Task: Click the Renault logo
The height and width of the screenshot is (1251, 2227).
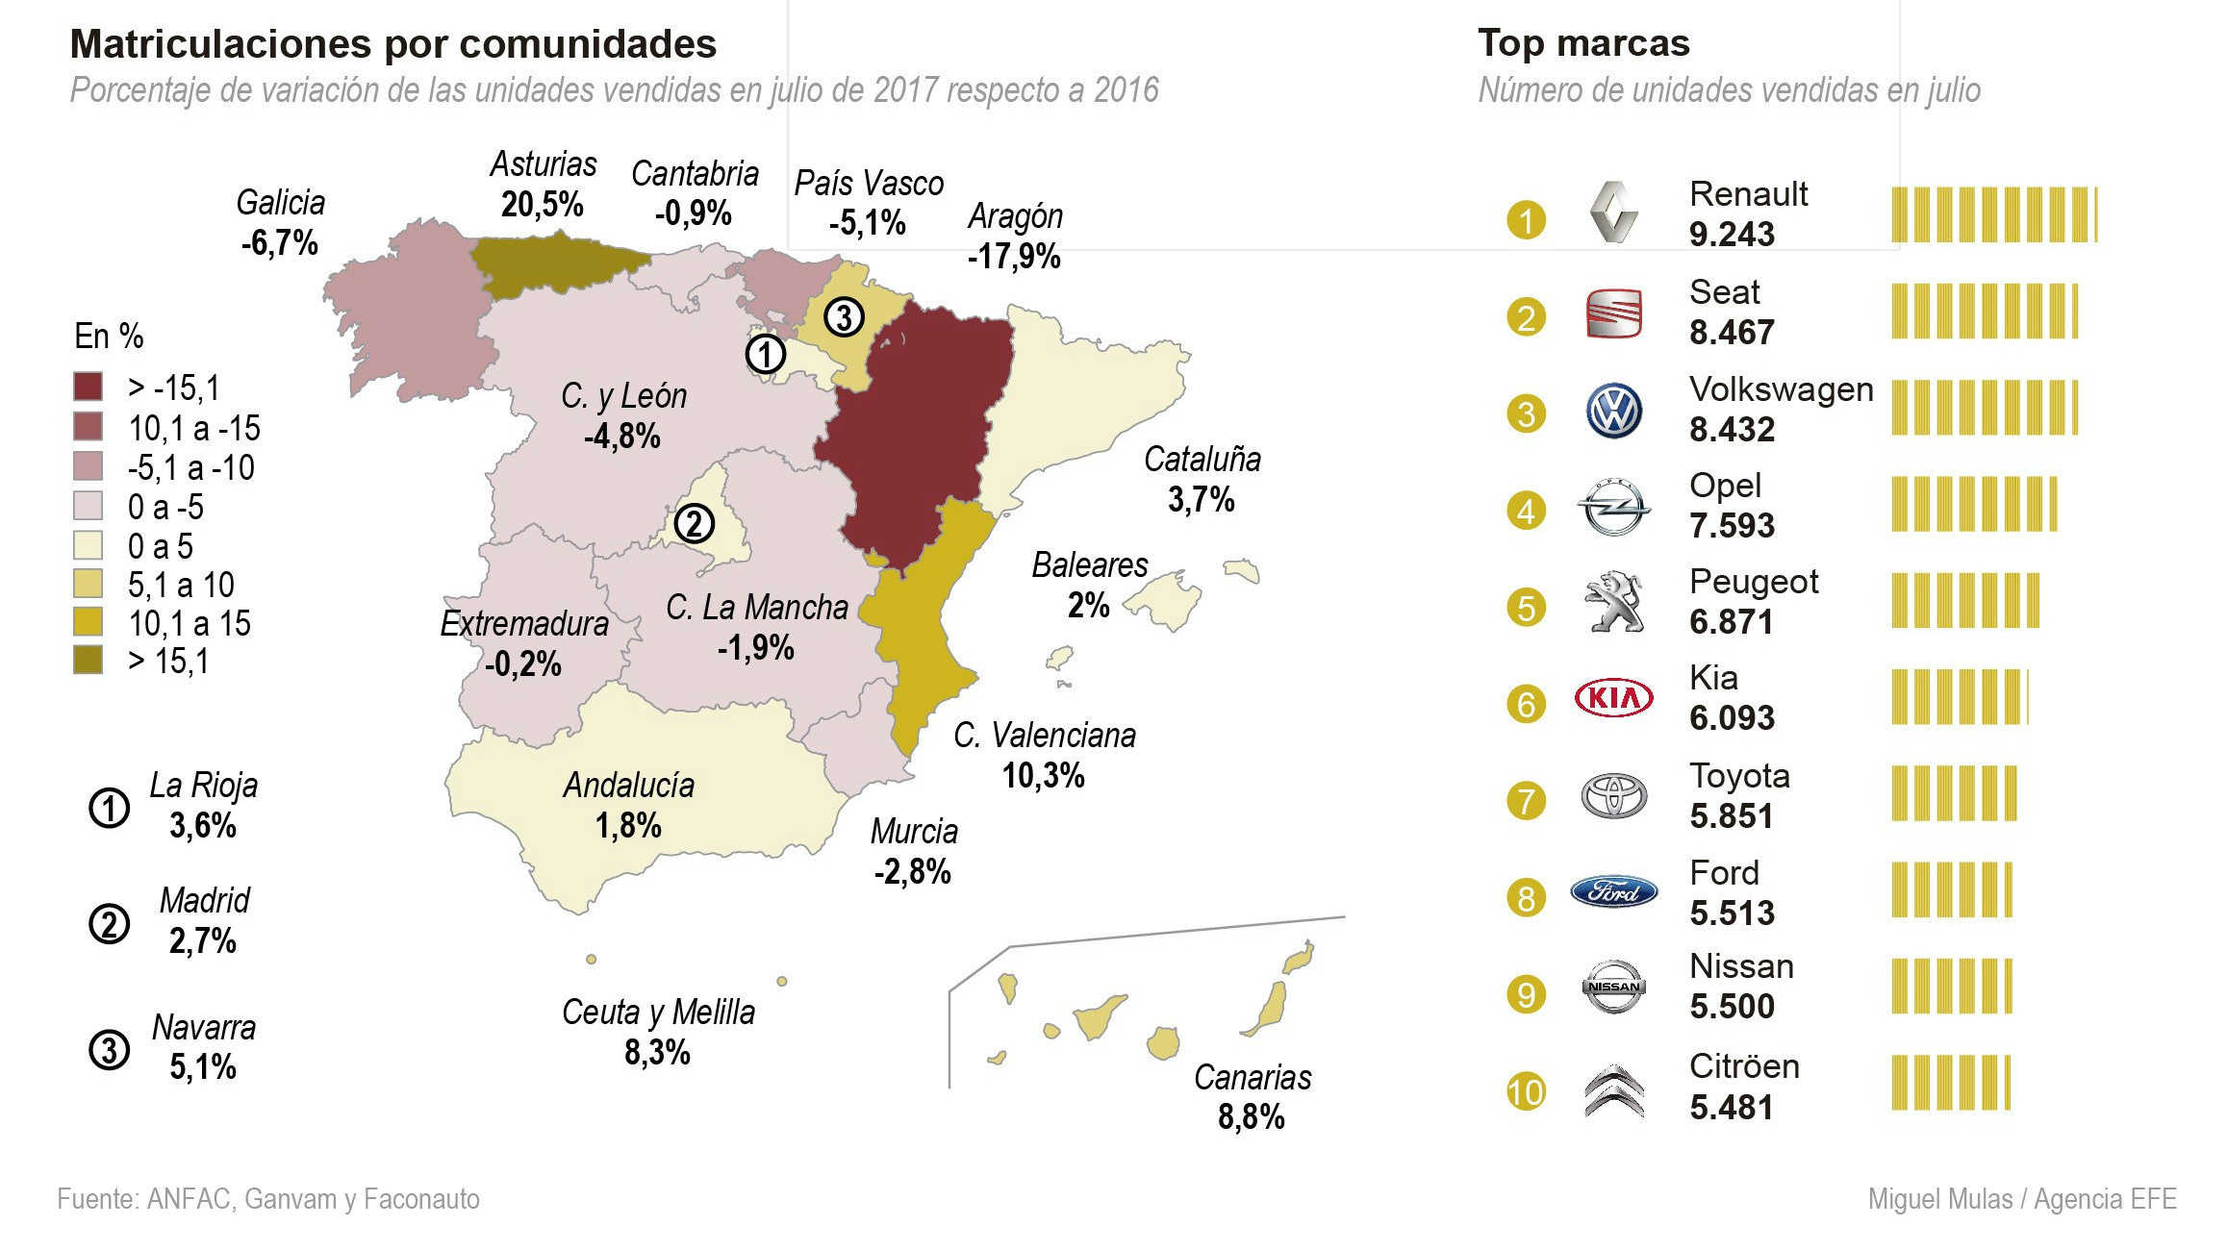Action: click(x=1613, y=212)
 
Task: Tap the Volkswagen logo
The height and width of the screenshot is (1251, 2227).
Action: click(x=1613, y=412)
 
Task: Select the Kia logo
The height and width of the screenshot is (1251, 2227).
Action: click(x=1613, y=698)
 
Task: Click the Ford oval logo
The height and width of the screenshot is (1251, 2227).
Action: click(x=1613, y=892)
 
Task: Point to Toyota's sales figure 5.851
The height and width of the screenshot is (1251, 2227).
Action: click(x=1731, y=816)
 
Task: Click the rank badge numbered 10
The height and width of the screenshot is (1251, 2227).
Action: click(x=1526, y=1092)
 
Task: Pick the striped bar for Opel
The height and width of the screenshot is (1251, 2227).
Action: click(x=1974, y=504)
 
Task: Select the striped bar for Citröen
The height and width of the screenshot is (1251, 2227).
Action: click(x=1950, y=1083)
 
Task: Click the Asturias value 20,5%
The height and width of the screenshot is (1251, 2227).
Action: click(x=542, y=205)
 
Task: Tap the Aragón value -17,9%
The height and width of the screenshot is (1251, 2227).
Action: click(x=1014, y=257)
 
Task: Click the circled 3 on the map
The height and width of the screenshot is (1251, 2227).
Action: click(x=844, y=316)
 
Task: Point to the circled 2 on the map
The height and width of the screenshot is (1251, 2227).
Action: click(x=694, y=524)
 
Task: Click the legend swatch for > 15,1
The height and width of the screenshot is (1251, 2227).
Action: click(x=89, y=661)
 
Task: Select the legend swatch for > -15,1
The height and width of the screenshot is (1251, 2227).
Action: click(x=89, y=387)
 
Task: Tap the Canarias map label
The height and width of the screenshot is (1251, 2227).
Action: click(x=1252, y=1078)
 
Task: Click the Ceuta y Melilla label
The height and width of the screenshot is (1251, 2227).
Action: click(x=658, y=1013)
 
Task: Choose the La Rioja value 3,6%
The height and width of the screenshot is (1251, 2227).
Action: click(x=203, y=826)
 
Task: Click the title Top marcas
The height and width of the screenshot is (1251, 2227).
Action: click(x=1583, y=43)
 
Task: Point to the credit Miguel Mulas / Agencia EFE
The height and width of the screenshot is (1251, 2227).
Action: click(x=2021, y=1199)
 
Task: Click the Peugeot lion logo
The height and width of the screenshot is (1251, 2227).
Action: click(x=1613, y=603)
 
